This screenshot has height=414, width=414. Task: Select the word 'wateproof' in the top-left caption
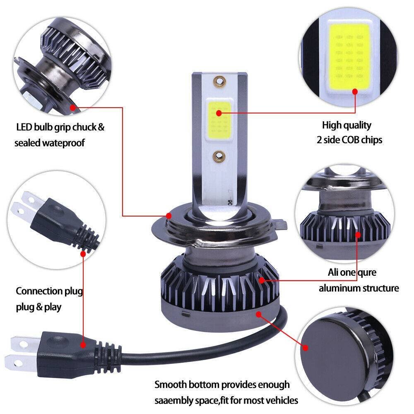point(65,143)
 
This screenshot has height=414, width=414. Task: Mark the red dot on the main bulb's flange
point(168,216)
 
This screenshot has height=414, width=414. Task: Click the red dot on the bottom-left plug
point(83,344)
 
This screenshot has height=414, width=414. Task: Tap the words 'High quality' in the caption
point(347,125)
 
